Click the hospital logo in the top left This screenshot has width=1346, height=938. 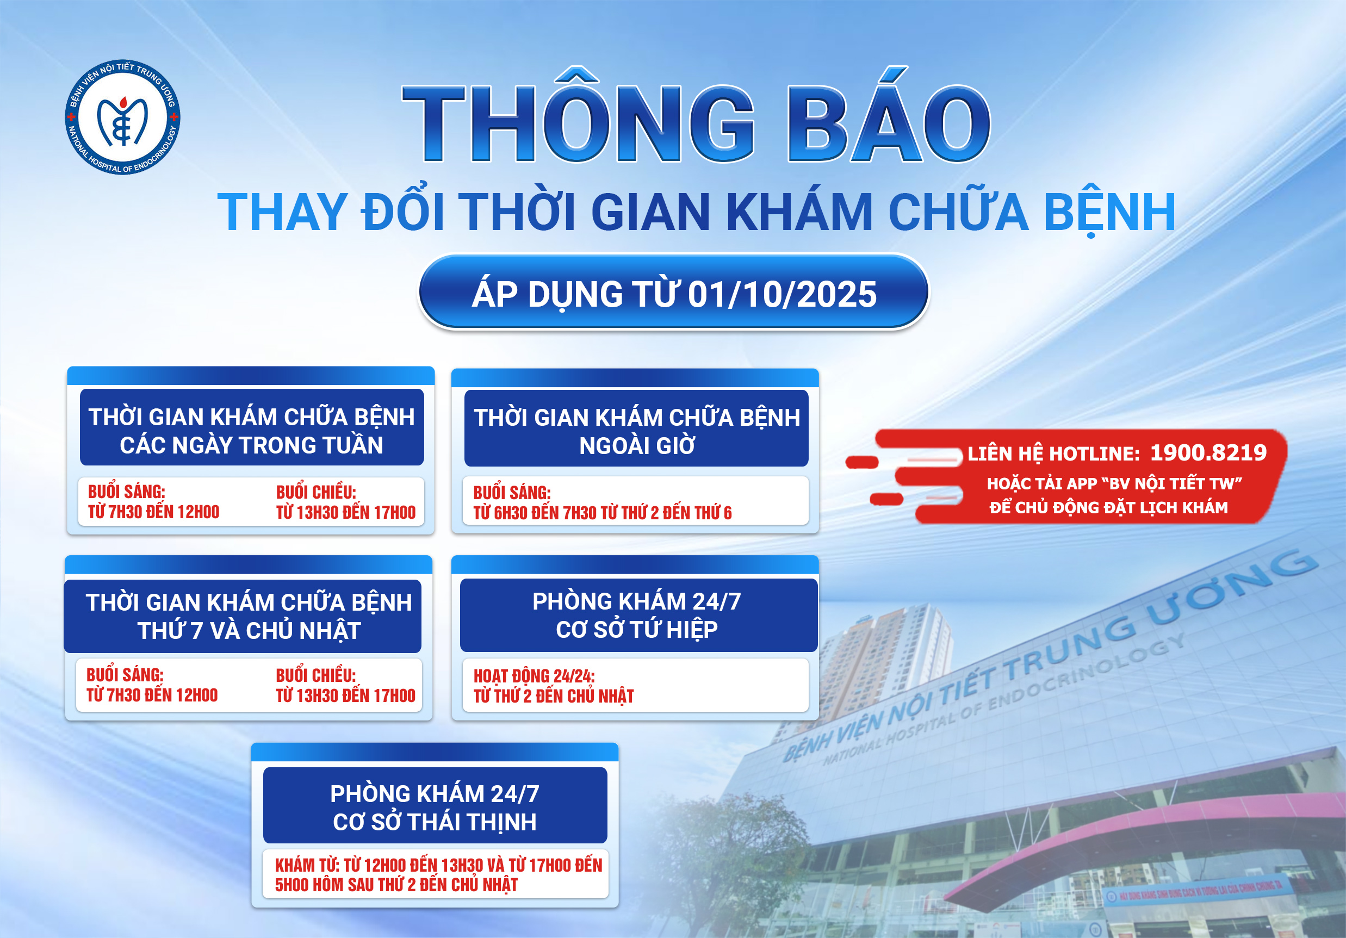point(122,117)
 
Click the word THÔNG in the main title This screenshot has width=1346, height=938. point(579,123)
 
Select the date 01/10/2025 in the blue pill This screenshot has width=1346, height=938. point(782,294)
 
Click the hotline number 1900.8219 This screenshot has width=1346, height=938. point(1208,452)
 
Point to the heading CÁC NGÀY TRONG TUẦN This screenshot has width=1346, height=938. point(251,445)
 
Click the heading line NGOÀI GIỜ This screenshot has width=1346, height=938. point(637,446)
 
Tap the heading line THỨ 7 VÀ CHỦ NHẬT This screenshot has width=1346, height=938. point(249,631)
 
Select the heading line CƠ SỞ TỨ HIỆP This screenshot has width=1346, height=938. point(637,630)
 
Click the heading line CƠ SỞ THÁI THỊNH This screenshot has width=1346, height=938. point(435,822)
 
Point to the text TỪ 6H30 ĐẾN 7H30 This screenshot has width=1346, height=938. point(535,513)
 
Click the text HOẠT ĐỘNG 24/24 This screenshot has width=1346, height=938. point(534,676)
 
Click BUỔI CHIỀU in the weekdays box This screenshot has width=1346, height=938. point(316,492)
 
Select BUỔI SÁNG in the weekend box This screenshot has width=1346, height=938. point(125,675)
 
